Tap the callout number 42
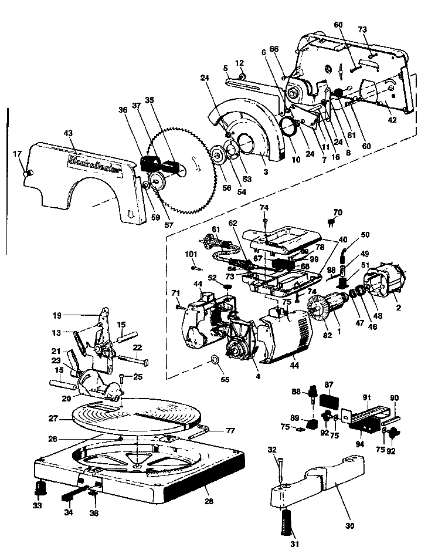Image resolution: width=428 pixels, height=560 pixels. point(392,119)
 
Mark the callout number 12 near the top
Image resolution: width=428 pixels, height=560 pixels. point(240,63)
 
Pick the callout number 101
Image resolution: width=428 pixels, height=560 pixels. point(192,254)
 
